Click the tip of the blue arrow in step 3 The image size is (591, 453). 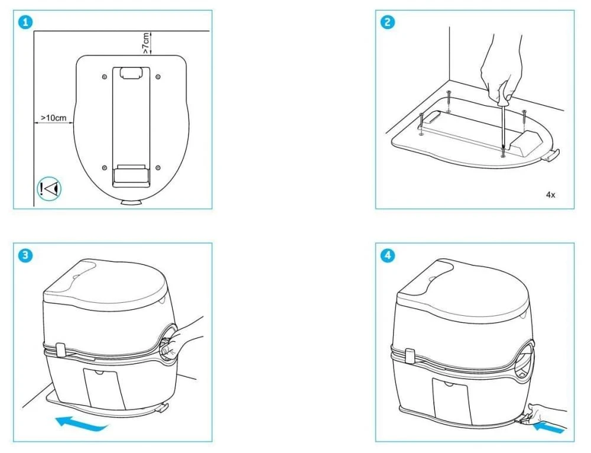click(x=56, y=420)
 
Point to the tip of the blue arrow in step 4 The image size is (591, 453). click(x=533, y=425)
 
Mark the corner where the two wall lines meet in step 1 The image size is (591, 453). click(x=34, y=31)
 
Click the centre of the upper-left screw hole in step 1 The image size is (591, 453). click(x=105, y=77)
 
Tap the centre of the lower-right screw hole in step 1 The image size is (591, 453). click(x=158, y=167)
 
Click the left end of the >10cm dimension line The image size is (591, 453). click(x=35, y=122)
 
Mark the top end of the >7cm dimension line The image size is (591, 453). click(x=151, y=32)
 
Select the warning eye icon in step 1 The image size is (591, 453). click(x=49, y=189)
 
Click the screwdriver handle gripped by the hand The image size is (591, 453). click(x=503, y=101)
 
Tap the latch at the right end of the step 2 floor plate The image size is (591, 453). click(x=551, y=155)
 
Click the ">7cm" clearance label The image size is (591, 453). click(x=145, y=43)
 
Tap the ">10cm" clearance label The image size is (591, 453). click(x=54, y=118)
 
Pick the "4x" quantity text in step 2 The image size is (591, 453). click(x=550, y=195)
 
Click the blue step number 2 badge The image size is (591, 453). click(x=388, y=22)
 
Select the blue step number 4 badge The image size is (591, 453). click(x=388, y=255)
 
